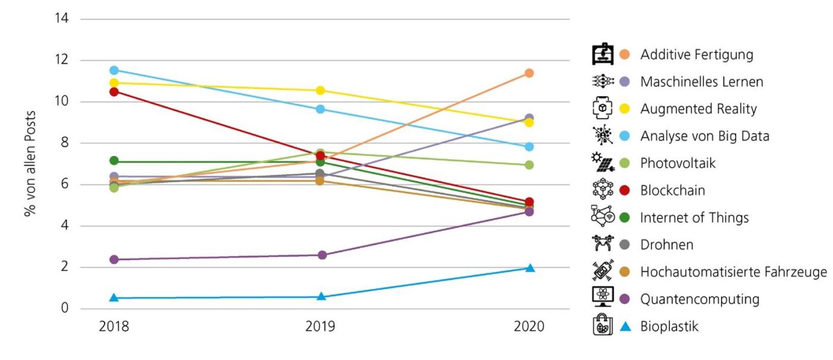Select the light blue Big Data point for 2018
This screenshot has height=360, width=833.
[114, 70]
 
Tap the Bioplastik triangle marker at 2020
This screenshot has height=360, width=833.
[529, 268]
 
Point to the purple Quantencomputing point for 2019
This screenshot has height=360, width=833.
[321, 255]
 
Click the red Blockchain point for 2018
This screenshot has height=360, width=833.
[114, 92]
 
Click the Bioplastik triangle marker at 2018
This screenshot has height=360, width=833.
[114, 298]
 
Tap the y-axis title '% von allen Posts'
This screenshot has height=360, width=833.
[30, 163]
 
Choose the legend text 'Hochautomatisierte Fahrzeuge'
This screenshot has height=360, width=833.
[733, 272]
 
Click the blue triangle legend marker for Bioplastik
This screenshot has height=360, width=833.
[624, 326]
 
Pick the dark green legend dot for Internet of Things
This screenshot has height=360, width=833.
[624, 218]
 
